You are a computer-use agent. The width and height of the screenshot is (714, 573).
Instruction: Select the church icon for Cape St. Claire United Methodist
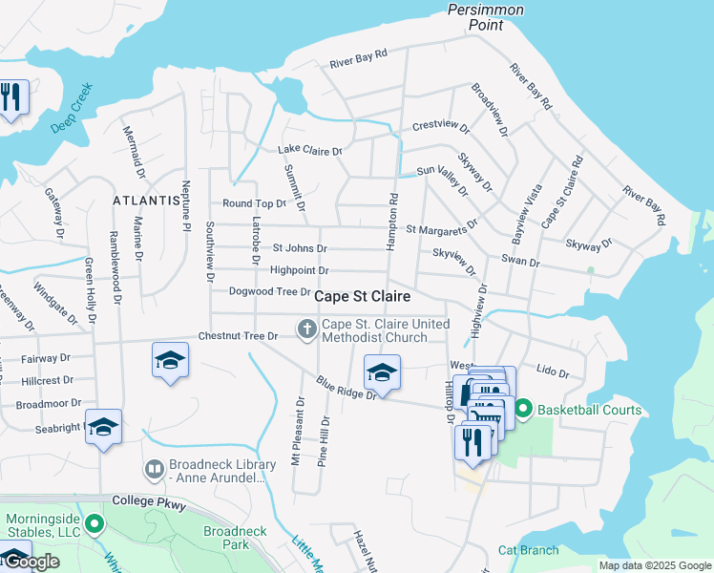click(306, 330)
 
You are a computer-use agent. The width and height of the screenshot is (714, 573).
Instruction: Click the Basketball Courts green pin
click(523, 411)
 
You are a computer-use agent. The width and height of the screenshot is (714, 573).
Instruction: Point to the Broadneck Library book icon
click(154, 470)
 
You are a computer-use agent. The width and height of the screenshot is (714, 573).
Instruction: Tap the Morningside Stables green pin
click(94, 524)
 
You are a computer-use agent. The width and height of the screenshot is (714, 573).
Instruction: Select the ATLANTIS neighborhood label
click(146, 201)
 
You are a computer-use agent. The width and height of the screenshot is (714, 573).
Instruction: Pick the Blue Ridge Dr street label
click(346, 389)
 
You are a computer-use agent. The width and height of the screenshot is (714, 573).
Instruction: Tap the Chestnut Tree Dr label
click(238, 336)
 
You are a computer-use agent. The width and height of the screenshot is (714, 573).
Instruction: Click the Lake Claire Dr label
click(309, 150)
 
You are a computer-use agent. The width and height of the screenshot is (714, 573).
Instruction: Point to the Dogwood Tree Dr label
click(270, 291)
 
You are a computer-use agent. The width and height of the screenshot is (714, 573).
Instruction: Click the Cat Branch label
click(528, 550)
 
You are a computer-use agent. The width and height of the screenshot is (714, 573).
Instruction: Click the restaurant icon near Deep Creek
click(12, 97)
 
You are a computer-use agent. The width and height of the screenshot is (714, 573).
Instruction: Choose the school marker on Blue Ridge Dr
click(382, 372)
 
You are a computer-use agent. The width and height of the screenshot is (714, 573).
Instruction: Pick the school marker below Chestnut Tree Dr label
click(170, 360)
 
